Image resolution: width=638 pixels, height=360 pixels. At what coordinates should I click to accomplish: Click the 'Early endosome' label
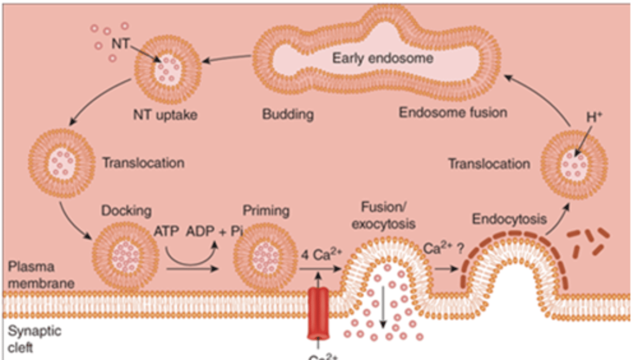click(x=383, y=58)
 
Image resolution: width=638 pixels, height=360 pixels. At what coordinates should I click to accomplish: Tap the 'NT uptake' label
click(x=165, y=115)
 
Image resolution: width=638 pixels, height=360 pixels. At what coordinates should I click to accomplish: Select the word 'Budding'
click(x=288, y=114)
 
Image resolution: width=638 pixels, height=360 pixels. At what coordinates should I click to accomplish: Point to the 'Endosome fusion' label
click(x=453, y=112)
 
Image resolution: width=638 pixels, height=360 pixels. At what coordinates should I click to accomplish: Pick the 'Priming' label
click(x=266, y=210)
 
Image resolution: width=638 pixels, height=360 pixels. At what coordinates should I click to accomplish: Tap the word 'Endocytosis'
click(x=509, y=219)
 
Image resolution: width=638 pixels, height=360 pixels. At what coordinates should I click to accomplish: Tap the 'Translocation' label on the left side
click(x=143, y=163)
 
